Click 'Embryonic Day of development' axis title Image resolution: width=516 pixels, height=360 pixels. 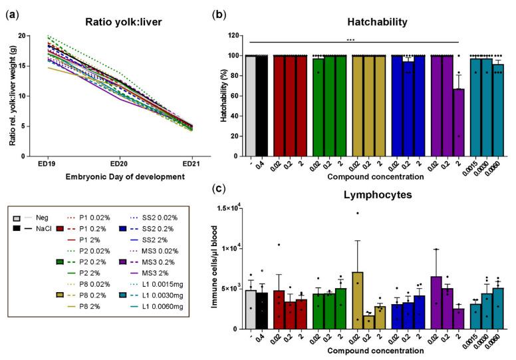point(118,177)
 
